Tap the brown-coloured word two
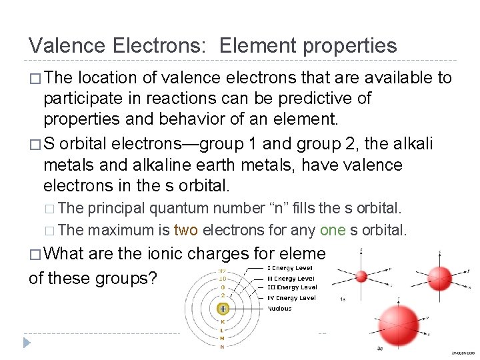[185, 231]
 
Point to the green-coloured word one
[332, 231]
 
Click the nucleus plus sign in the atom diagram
[223, 309]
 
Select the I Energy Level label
[290, 268]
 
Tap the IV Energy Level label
[291, 298]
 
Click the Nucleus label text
[279, 309]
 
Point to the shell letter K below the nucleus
[223, 321]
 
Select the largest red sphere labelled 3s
[398, 325]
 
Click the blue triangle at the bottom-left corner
[27, 343]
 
